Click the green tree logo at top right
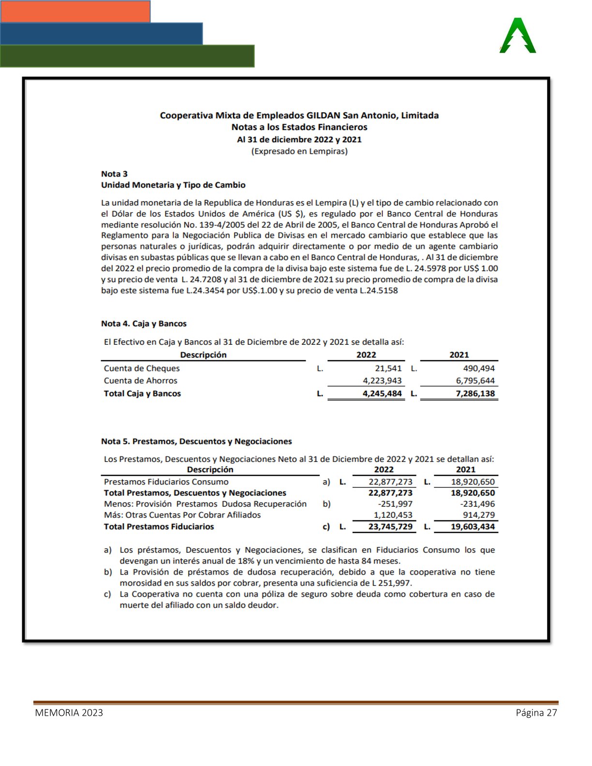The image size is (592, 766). tap(518, 36)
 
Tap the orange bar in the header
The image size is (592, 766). tap(75, 11)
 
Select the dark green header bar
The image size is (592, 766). tap(127, 56)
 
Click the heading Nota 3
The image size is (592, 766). tap(114, 174)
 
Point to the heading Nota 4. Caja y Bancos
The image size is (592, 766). tap(144, 324)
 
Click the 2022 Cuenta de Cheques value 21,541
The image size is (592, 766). tap(388, 368)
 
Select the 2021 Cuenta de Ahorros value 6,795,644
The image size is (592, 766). tap(475, 381)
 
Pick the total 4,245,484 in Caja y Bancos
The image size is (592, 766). tap(382, 394)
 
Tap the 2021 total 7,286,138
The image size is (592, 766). tap(475, 394)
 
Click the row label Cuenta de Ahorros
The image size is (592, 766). tap(140, 381)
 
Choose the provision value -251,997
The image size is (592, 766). tap(395, 504)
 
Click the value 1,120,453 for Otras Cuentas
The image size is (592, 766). tap(393, 515)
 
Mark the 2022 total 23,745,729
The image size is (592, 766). tap(390, 527)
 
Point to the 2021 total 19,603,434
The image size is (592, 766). tap(473, 527)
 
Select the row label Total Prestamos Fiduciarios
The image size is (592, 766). tap(159, 527)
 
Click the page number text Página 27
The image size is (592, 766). tap(536, 713)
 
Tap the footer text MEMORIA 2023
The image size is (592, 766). tap(69, 713)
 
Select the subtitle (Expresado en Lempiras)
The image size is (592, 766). tap(299, 151)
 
